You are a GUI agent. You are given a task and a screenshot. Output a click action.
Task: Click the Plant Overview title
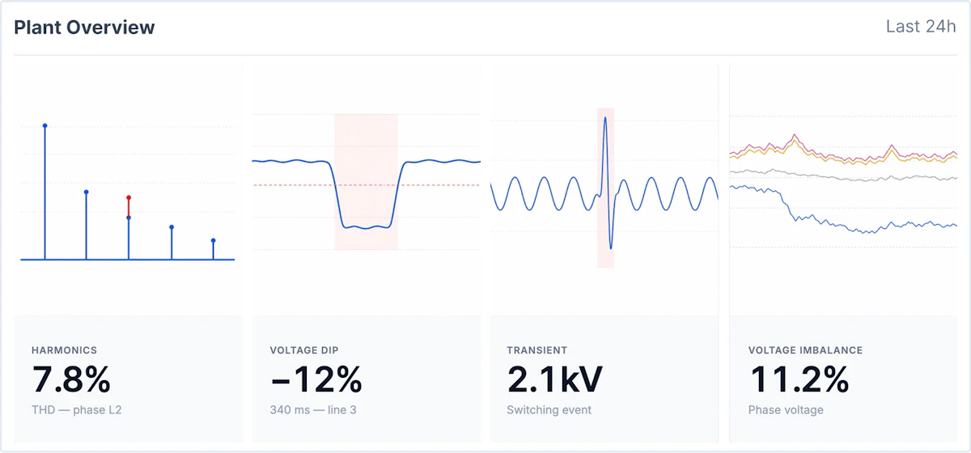pyautogui.click(x=84, y=28)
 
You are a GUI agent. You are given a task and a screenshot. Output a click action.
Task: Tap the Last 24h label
pyautogui.click(x=921, y=27)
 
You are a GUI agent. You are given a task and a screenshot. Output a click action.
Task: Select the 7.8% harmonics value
pyautogui.click(x=71, y=379)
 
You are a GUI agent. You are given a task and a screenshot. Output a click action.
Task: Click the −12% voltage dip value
pyautogui.click(x=316, y=379)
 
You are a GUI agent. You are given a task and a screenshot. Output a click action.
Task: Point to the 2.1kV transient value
pyautogui.click(x=554, y=379)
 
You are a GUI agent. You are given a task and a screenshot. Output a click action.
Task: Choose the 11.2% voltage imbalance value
pyautogui.click(x=799, y=379)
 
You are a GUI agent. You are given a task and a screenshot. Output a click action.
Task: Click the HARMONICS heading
pyautogui.click(x=64, y=350)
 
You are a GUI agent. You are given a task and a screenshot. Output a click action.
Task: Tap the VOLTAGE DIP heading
pyautogui.click(x=304, y=350)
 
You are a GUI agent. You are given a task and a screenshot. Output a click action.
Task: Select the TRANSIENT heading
pyautogui.click(x=536, y=350)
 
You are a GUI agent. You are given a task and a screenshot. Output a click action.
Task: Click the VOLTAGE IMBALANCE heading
pyautogui.click(x=805, y=350)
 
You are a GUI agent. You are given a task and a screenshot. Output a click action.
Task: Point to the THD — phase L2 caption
pyautogui.click(x=77, y=409)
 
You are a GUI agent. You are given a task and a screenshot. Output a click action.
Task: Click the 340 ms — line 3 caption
pyautogui.click(x=313, y=409)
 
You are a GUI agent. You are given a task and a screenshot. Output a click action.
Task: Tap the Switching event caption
pyautogui.click(x=549, y=409)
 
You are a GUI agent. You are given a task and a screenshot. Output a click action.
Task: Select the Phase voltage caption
pyautogui.click(x=786, y=409)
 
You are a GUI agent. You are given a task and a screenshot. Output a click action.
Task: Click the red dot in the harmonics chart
pyautogui.click(x=129, y=197)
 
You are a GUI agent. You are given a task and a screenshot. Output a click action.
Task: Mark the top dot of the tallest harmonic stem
pyautogui.click(x=45, y=125)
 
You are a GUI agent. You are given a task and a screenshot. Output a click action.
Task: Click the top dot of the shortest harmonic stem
pyautogui.click(x=214, y=240)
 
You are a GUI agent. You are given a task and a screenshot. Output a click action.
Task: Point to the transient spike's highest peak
pyautogui.click(x=605, y=117)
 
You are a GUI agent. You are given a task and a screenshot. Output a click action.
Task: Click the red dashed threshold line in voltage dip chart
pyautogui.click(x=367, y=185)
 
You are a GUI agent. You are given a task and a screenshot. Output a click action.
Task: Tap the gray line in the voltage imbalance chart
pyautogui.click(x=843, y=177)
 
